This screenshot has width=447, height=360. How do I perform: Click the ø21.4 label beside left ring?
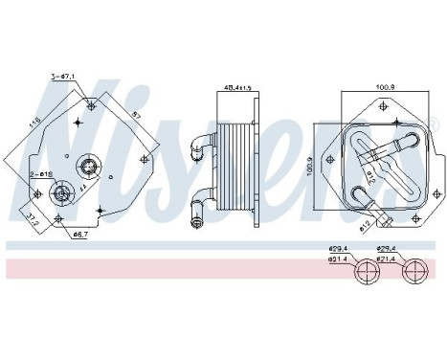337,259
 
